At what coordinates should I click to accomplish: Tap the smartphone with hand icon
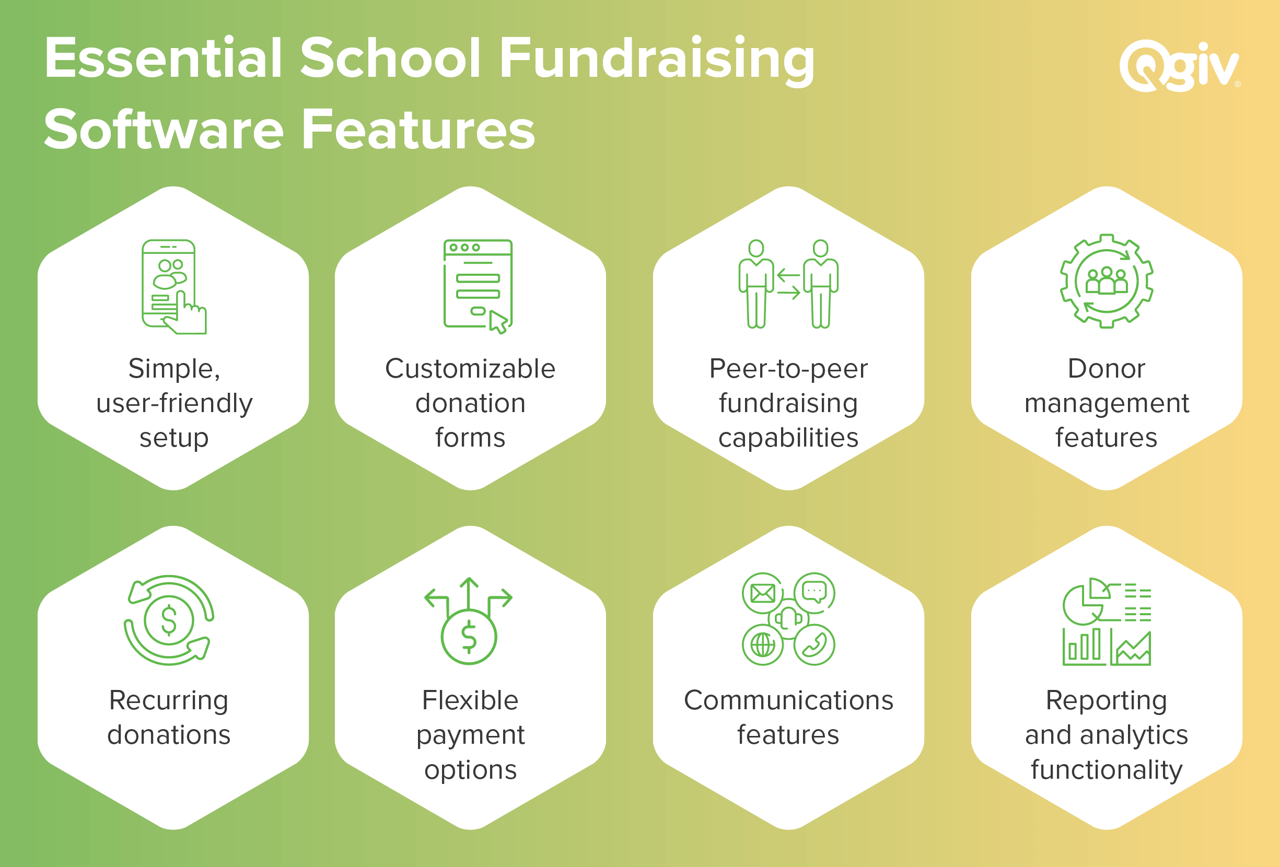[x=173, y=286]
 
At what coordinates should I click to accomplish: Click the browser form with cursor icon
[x=478, y=286]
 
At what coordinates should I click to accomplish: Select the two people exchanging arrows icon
[x=788, y=284]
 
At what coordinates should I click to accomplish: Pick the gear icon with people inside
[x=1107, y=281]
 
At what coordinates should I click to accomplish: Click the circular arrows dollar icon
[x=169, y=620]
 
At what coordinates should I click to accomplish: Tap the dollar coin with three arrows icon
[x=469, y=621]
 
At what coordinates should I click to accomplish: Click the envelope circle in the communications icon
[x=763, y=593]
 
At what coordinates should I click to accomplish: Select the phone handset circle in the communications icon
[x=814, y=645]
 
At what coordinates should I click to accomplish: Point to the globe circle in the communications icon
[x=763, y=645]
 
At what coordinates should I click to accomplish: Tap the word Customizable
[x=470, y=368]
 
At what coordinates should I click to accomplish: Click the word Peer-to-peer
[x=788, y=369]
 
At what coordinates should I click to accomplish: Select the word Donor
[x=1107, y=368]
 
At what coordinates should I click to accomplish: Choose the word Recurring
[x=169, y=701]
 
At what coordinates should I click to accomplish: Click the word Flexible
[x=470, y=700]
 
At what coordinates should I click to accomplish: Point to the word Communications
[x=788, y=700]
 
